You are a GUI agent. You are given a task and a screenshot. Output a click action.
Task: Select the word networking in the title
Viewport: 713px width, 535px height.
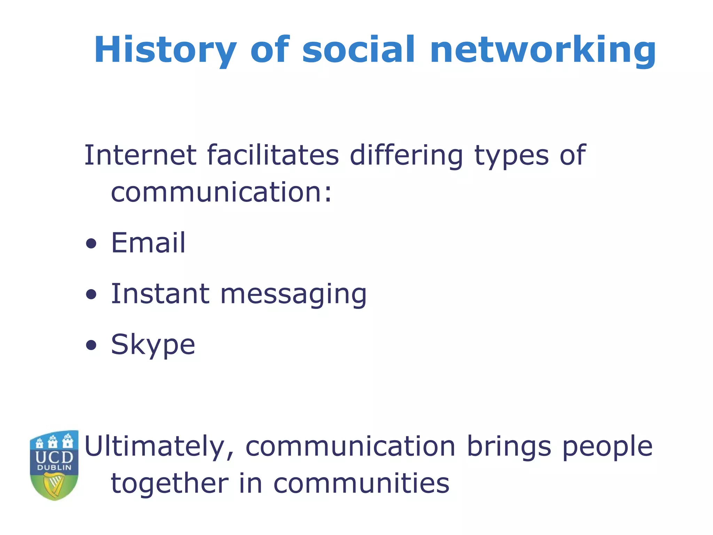543,50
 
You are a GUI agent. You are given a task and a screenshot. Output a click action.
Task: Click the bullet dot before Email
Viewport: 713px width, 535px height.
91,244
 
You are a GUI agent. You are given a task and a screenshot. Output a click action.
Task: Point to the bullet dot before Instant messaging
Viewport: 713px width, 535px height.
91,295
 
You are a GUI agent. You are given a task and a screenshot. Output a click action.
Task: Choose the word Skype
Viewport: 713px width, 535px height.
153,345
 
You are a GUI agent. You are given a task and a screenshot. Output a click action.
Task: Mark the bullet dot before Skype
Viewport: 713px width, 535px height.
91,346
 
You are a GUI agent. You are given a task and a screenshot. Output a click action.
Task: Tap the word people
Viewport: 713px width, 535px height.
608,447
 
